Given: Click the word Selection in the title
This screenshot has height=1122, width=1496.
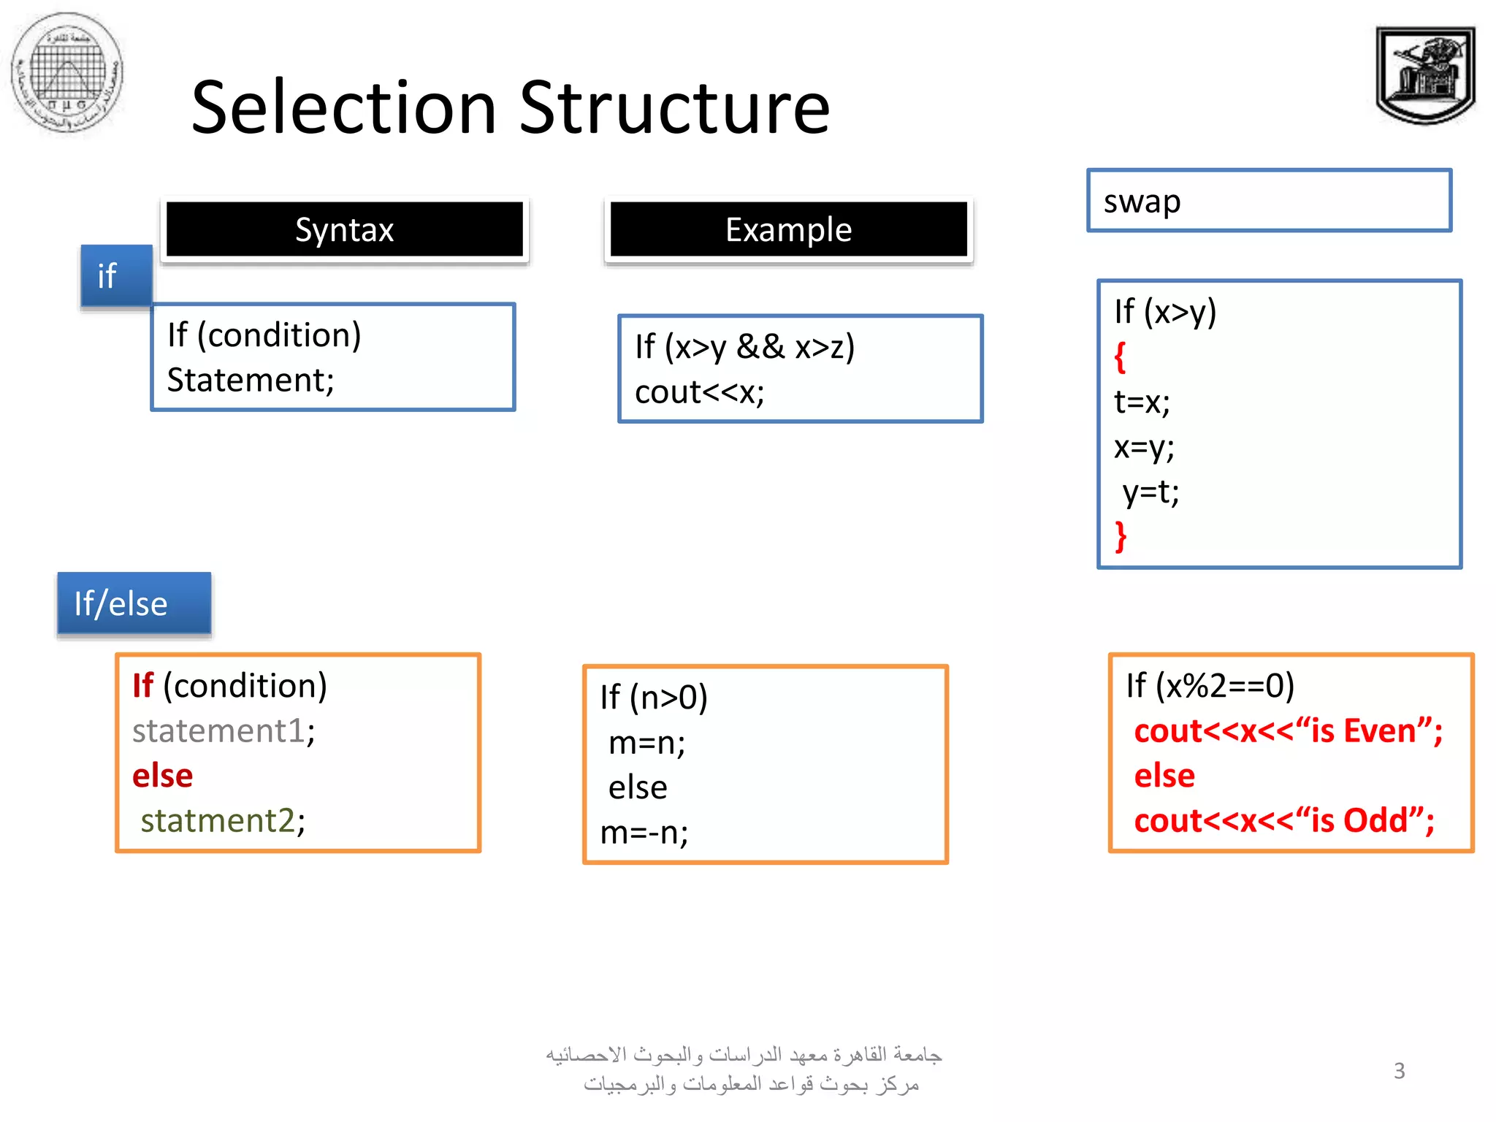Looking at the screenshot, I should [343, 108].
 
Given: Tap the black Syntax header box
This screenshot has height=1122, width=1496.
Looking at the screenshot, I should [344, 229].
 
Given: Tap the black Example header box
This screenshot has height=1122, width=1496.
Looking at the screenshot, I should [788, 229].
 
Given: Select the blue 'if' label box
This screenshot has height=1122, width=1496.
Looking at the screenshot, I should [115, 276].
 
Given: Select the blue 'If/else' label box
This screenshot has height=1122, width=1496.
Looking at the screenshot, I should [134, 603].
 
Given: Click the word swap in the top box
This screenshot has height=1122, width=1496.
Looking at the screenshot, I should [1142, 202].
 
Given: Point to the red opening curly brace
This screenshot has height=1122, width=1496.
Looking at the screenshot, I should [1120, 357].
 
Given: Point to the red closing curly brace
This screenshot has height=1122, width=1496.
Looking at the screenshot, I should [1121, 537].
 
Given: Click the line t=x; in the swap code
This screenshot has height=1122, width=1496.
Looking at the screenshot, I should [1142, 402].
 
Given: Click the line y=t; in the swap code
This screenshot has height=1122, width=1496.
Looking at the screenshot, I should [1150, 492].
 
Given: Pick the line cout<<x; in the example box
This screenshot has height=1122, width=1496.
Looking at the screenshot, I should [699, 392].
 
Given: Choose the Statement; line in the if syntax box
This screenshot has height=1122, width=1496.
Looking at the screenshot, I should [250, 380].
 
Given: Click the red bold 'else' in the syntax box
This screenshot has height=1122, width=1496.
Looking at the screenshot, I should [162, 776].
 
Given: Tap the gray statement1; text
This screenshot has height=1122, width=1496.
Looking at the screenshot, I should [223, 730].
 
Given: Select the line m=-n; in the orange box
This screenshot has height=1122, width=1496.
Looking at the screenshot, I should [644, 833].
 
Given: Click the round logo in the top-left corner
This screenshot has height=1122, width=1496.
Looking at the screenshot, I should [67, 72].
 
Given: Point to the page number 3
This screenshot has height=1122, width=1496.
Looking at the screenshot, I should [1399, 1071].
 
